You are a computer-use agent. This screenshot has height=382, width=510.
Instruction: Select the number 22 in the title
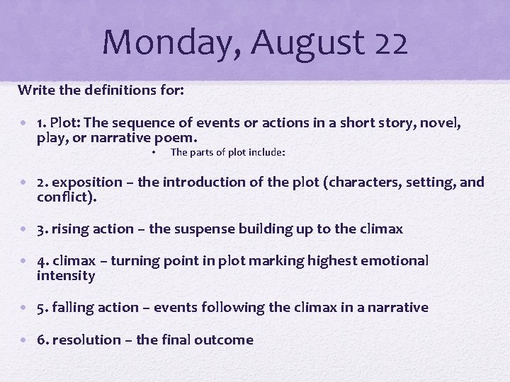pos(390,42)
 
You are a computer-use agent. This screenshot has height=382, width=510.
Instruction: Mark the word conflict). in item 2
pos(67,197)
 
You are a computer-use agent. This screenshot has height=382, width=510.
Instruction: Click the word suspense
pos(203,229)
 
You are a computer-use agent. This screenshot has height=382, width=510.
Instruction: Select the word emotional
pos(395,260)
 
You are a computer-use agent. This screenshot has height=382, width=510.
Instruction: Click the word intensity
pos(66,275)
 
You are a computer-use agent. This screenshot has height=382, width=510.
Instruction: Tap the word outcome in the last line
pos(226,340)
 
